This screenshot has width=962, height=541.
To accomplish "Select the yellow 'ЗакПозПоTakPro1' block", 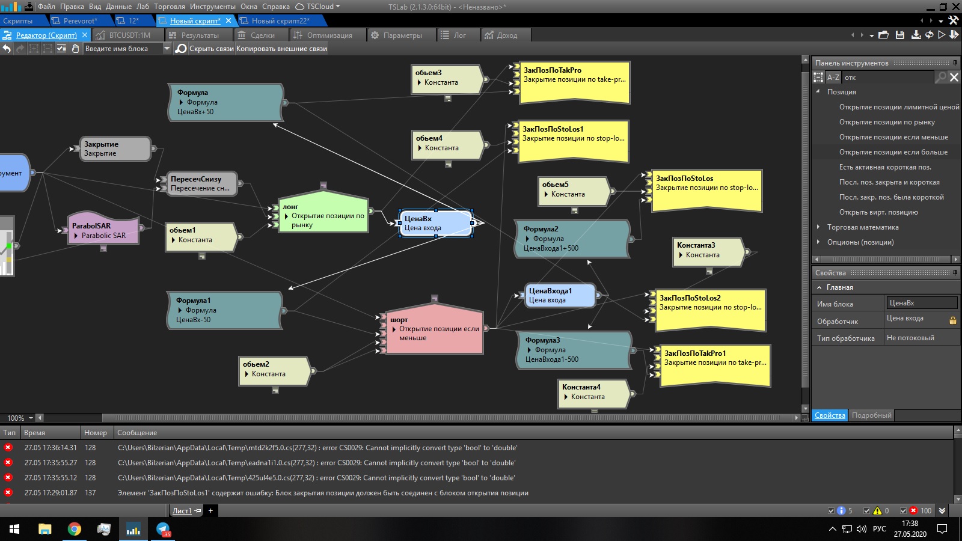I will [x=714, y=364].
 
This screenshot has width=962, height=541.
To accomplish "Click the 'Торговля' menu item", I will [x=170, y=7].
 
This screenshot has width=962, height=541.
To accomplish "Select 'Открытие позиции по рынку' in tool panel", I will [x=887, y=122].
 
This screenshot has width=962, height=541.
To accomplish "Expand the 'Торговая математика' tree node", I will [x=818, y=227].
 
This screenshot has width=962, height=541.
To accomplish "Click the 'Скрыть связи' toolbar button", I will [x=211, y=49].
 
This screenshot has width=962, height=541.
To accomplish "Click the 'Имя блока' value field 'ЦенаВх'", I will [x=921, y=303].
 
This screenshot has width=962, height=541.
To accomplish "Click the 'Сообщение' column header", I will [x=137, y=433].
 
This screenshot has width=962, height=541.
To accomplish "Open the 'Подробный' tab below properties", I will [x=871, y=415].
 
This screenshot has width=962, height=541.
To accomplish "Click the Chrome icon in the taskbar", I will [x=75, y=529].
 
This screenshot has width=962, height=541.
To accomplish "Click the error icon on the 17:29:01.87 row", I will [x=8, y=493].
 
